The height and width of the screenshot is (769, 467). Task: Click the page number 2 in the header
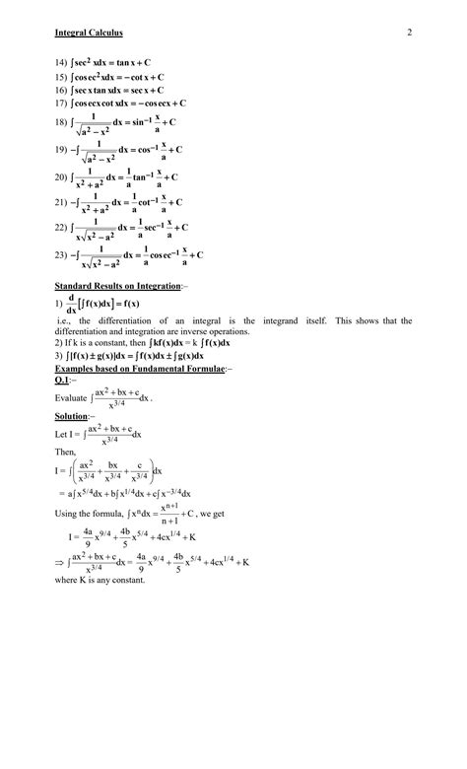(408, 35)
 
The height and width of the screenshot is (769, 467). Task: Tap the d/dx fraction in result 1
(71, 304)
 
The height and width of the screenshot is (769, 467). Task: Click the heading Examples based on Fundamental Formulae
(142, 367)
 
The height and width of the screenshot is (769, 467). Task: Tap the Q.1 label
(67, 378)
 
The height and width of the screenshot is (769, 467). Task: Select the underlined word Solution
(74, 417)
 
